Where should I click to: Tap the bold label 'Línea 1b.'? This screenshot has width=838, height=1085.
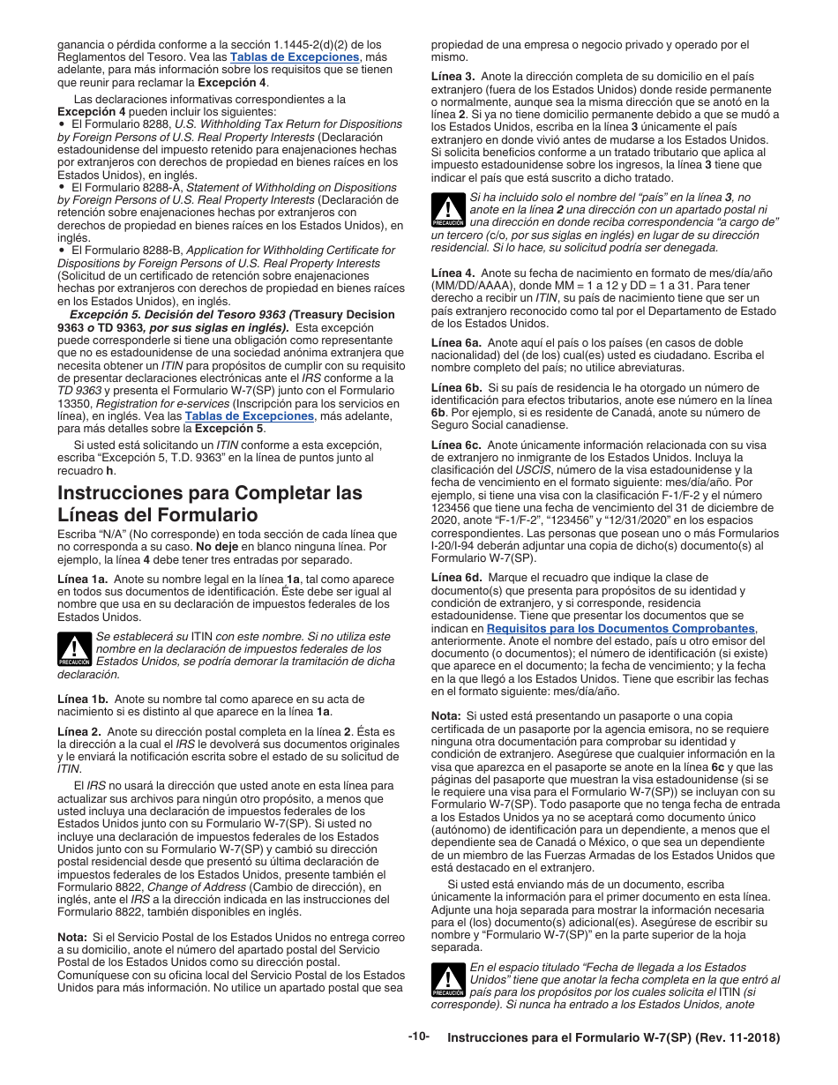(x=83, y=699)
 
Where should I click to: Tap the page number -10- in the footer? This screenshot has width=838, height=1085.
(x=418, y=1036)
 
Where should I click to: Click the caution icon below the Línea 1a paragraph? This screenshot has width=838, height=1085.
(x=74, y=648)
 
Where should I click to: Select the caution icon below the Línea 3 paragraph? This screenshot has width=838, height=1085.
(x=448, y=211)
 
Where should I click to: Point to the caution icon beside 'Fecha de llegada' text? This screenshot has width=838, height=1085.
(x=448, y=979)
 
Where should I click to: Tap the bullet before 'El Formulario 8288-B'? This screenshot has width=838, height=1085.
(x=62, y=251)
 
